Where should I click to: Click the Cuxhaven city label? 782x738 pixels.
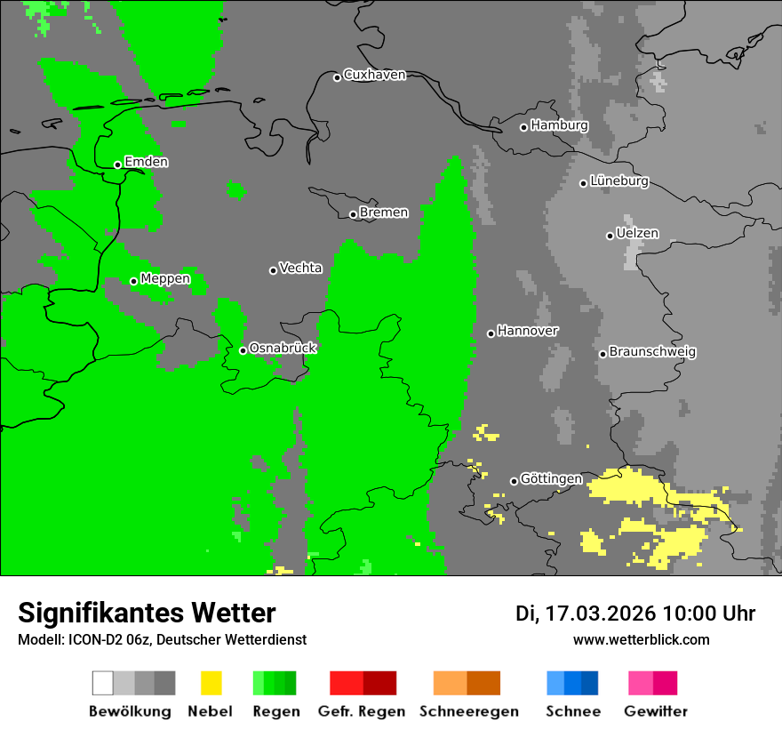pyautogui.click(x=374, y=75)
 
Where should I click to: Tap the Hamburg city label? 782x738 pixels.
pyautogui.click(x=559, y=125)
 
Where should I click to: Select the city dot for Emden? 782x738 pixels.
pyautogui.click(x=117, y=164)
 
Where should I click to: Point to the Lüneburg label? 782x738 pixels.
pyautogui.click(x=619, y=181)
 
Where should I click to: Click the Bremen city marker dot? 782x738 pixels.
pyautogui.click(x=353, y=214)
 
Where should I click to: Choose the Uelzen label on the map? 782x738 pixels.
pyautogui.click(x=637, y=234)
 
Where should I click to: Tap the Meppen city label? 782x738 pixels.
pyautogui.click(x=165, y=279)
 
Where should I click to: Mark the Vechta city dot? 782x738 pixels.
pyautogui.click(x=273, y=270)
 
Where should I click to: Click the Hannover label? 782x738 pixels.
pyautogui.click(x=528, y=331)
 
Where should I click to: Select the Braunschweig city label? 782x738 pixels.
pyautogui.click(x=652, y=352)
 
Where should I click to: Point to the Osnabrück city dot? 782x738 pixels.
pyautogui.click(x=243, y=350)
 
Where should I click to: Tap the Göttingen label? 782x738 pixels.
pyautogui.click(x=551, y=479)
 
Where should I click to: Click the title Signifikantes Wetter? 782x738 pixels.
pyautogui.click(x=147, y=613)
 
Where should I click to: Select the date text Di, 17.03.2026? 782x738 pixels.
pyautogui.click(x=585, y=614)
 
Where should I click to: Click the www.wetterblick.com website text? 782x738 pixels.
pyautogui.click(x=641, y=639)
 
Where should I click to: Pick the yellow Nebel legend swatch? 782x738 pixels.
pyautogui.click(x=211, y=683)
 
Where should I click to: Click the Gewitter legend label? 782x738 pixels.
pyautogui.click(x=656, y=711)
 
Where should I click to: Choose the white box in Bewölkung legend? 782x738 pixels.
pyautogui.click(x=103, y=683)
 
